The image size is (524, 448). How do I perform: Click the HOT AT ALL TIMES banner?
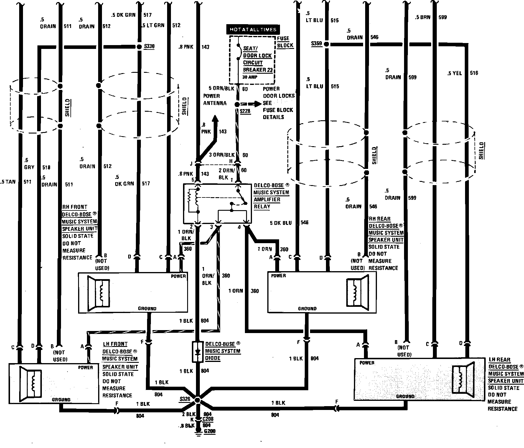tap(253, 29)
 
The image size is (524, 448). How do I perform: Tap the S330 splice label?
tap(149, 47)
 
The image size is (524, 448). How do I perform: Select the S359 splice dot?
tap(326, 44)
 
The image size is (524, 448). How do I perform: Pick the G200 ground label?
tap(210, 431)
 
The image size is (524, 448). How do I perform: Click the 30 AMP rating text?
tap(250, 77)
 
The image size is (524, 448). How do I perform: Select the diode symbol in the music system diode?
tap(198, 352)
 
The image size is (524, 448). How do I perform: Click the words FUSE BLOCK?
tap(285, 42)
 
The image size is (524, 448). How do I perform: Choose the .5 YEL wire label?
tap(454, 73)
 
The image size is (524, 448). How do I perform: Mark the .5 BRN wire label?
tap(423, 17)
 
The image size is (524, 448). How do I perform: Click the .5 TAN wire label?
tap(8, 182)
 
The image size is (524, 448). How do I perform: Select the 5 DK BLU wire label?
tap(281, 223)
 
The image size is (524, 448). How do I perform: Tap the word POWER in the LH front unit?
tap(85, 368)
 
